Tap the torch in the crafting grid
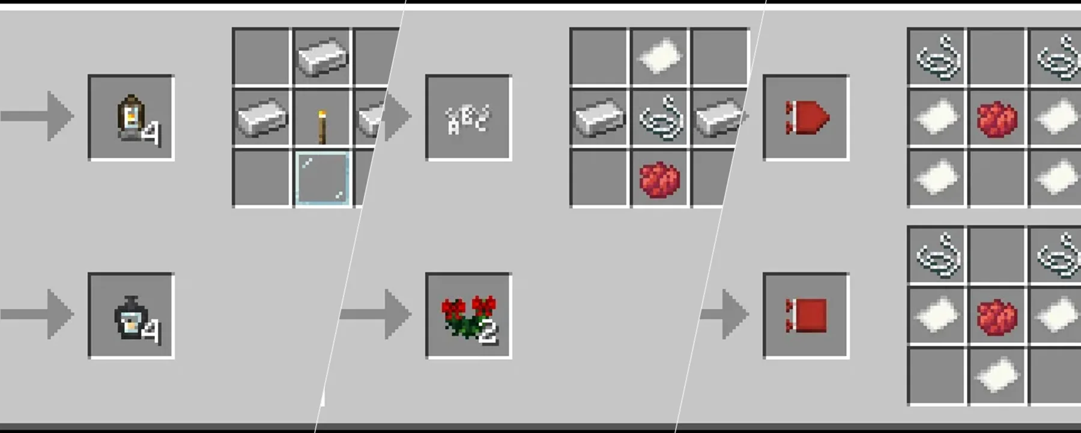[322, 127]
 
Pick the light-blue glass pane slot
[322, 178]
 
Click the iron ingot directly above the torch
[322, 57]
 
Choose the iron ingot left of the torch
[262, 118]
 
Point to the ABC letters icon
[468, 119]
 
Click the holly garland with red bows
[469, 316]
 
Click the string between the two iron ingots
[660, 118]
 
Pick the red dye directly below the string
[660, 179]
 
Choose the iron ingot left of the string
[599, 118]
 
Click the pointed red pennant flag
[807, 118]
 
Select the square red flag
[806, 316]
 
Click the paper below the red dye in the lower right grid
[997, 374]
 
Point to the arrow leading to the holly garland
[375, 313]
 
